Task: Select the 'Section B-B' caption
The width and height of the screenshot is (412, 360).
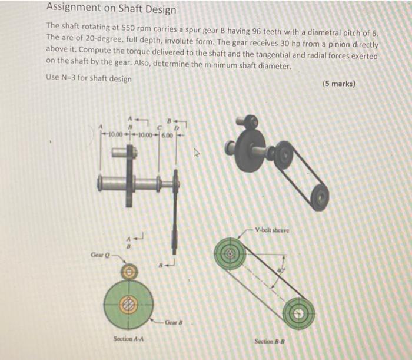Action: coord(271,341)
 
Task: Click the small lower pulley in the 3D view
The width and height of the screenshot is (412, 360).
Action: coord(320,197)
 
